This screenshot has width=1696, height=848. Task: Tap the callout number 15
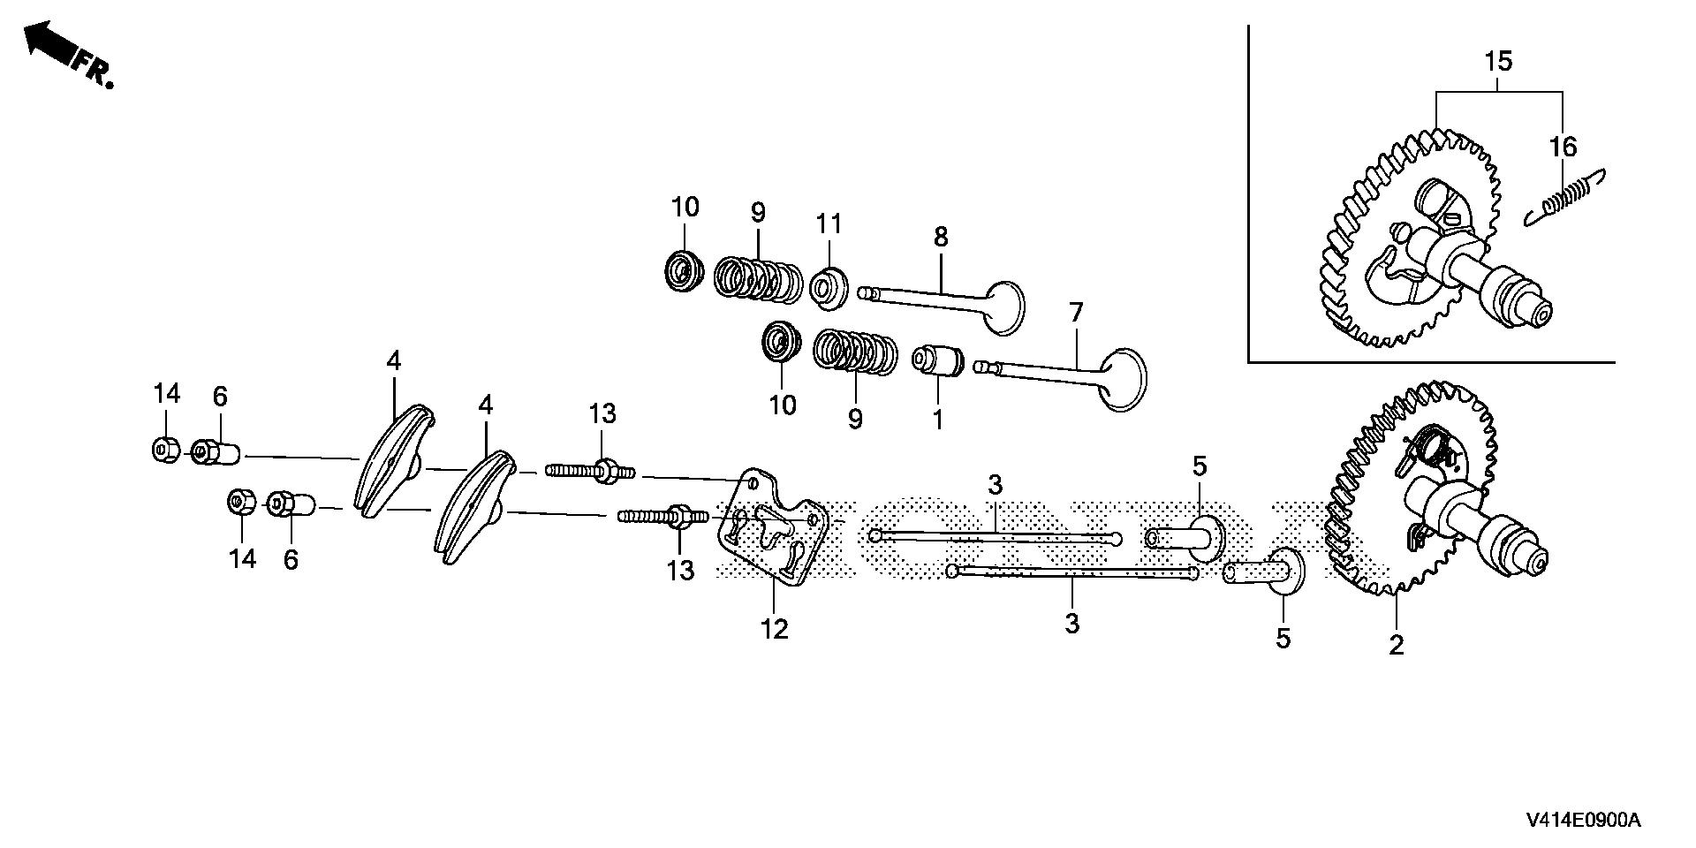pos(1498,62)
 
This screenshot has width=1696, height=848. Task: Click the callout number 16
pos(1563,147)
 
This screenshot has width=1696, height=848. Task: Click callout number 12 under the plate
pos(774,629)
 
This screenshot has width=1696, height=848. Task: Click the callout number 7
pos(1075,313)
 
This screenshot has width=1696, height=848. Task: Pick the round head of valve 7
pos(1121,380)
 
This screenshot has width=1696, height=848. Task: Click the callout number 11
pos(829,224)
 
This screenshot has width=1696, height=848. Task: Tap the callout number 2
pos(1396,646)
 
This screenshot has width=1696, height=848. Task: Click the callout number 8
pos(941,237)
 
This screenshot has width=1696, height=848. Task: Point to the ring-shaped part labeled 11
pos(829,286)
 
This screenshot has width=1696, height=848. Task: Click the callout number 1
pos(938,419)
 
